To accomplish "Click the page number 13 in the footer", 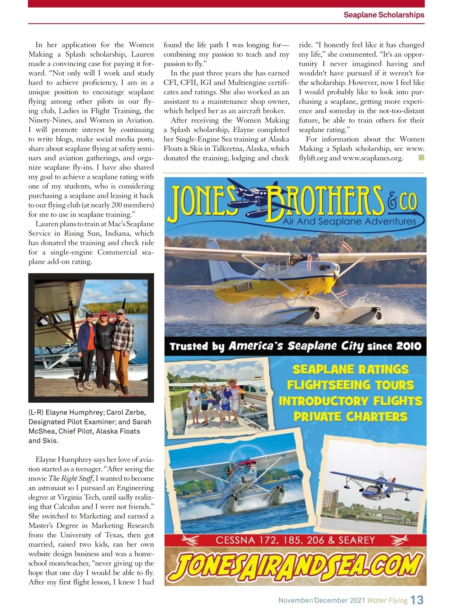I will (417, 600).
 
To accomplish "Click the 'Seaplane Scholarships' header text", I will (384, 15).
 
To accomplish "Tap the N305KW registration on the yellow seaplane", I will (243, 288).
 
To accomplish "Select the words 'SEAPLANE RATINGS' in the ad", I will (351, 369).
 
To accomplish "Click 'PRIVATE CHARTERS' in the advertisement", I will (351, 417).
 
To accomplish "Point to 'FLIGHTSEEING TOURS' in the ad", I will (351, 385).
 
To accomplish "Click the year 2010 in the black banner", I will (408, 346).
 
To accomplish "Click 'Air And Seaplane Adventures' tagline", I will (349, 221).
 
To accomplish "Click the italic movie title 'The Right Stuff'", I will (71, 479).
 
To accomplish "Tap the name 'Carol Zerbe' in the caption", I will (126, 412).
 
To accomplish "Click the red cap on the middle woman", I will (104, 313).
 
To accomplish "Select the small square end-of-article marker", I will (421, 158).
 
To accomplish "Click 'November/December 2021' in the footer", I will (322, 600).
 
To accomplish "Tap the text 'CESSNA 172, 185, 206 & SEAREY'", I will (295, 540).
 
